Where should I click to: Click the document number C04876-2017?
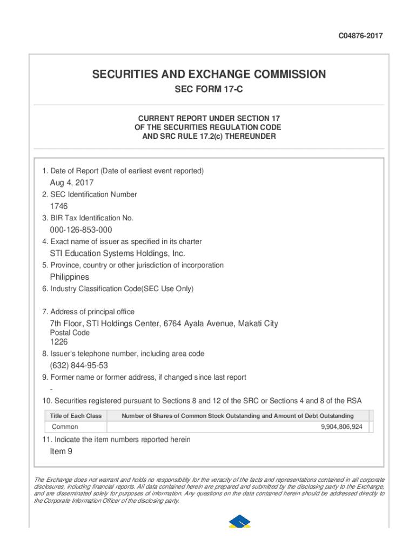[361, 36]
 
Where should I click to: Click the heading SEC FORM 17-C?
[209, 90]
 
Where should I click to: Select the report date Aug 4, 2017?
[72, 183]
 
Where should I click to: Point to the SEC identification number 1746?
[59, 206]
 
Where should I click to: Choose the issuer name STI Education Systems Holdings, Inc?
[117, 253]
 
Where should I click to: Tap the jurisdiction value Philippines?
[70, 277]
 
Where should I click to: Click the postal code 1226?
[59, 342]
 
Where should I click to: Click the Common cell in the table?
[65, 427]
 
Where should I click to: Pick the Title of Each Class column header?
[76, 416]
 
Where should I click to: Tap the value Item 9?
[61, 451]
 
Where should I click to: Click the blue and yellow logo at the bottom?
[239, 521]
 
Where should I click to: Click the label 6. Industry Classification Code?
[118, 289]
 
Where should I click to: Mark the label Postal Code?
[70, 333]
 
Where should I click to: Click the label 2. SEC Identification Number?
[90, 194]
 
